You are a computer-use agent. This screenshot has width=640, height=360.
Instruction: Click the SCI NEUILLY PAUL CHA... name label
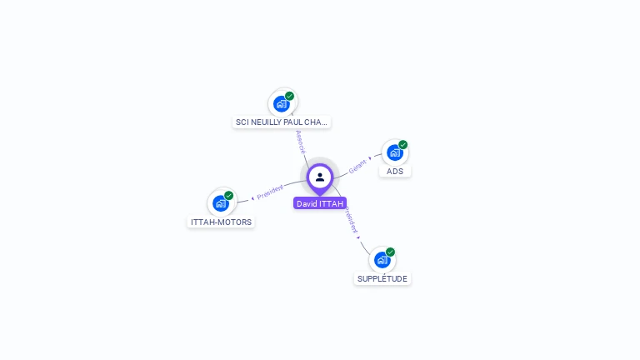(x=282, y=122)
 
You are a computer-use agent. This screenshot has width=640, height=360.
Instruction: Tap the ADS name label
(x=395, y=172)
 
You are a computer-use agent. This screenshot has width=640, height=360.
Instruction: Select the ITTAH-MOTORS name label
(x=221, y=222)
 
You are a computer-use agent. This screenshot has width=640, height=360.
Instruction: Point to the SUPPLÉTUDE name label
(x=382, y=279)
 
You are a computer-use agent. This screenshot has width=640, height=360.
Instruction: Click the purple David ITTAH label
(x=320, y=203)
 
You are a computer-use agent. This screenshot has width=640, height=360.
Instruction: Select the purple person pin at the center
(x=320, y=177)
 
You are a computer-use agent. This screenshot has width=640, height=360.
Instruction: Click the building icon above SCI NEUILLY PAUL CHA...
(x=282, y=104)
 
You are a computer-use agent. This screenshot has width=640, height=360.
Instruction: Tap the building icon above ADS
(x=394, y=152)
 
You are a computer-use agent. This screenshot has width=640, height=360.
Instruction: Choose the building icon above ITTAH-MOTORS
(x=220, y=203)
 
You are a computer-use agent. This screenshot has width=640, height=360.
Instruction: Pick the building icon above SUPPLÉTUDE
(x=382, y=260)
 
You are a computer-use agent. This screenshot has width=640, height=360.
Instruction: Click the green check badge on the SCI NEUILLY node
(x=290, y=96)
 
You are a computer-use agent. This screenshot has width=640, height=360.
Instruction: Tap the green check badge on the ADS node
(x=403, y=145)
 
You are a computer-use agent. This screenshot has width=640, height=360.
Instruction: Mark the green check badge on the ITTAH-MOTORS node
(x=229, y=196)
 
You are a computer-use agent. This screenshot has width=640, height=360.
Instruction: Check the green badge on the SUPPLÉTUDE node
(x=390, y=252)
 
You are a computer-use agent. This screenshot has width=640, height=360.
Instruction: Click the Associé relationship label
(x=301, y=141)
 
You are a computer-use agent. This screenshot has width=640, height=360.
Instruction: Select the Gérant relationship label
(x=357, y=166)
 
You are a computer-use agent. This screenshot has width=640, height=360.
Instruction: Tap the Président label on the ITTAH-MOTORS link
(x=270, y=192)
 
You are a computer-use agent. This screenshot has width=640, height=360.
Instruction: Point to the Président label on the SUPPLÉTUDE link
(x=352, y=221)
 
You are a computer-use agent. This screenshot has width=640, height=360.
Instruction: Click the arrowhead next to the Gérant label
(x=370, y=158)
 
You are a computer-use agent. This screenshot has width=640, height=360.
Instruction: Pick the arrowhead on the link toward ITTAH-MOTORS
(x=252, y=198)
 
